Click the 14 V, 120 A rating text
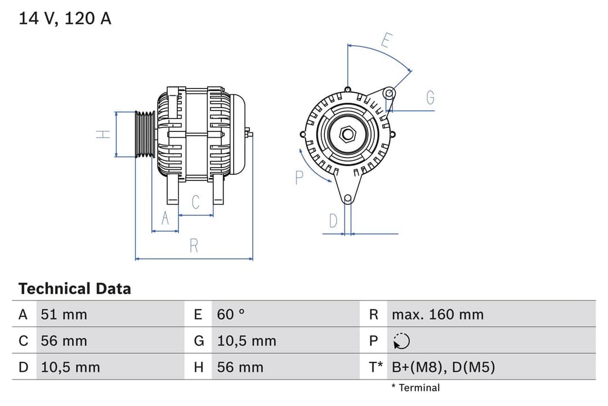[x=65, y=19]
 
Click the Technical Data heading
[x=74, y=289]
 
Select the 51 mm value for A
[x=64, y=314]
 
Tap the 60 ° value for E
[x=231, y=314]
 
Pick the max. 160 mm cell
[x=437, y=314]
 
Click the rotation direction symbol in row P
[x=401, y=341]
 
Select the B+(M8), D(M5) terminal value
[x=443, y=368]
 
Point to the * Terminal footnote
[x=415, y=387]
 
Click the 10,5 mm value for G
[x=247, y=341]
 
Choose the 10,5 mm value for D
[x=70, y=368]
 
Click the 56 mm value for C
[x=64, y=341]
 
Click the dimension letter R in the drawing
[x=194, y=246]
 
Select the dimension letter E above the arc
[x=386, y=41]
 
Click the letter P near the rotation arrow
[x=299, y=178]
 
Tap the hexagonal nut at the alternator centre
[x=348, y=134]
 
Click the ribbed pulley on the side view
[x=145, y=134]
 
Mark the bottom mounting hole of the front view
[x=348, y=198]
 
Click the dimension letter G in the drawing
[x=430, y=98]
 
